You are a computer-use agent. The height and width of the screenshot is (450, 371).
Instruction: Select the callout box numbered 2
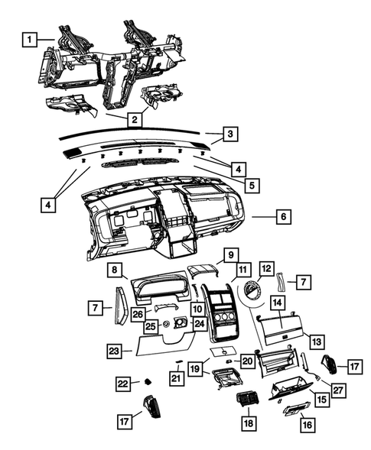pos(134,119)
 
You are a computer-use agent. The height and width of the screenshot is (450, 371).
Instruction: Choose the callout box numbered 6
pos(282,217)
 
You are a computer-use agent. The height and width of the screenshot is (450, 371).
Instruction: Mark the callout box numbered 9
pos(229,254)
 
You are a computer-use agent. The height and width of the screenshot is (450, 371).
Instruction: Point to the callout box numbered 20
pos(246,360)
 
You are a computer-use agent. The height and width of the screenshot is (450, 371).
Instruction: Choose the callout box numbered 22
pos(122,383)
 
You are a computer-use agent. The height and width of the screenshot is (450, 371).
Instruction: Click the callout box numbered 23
pos(113,351)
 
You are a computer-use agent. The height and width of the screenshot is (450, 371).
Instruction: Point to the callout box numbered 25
pos(151,326)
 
